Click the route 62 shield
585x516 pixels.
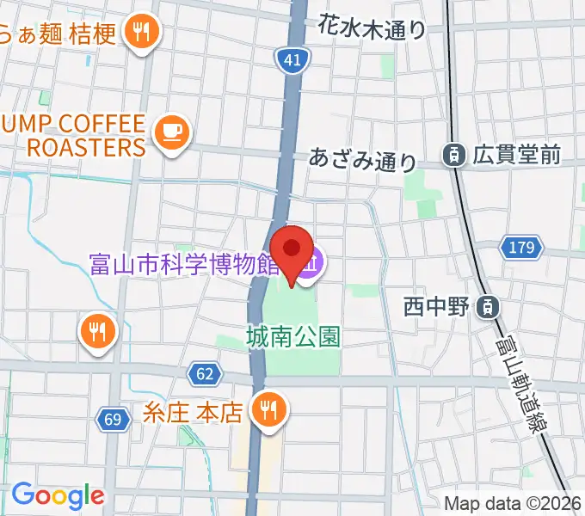203,374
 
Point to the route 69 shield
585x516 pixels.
112,419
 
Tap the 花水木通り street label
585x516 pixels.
372,28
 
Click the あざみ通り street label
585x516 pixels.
363,159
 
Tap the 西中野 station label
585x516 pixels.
438,305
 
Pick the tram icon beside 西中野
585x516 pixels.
488,305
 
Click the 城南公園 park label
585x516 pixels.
293,335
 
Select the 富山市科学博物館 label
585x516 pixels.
186,263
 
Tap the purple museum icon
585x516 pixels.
313,259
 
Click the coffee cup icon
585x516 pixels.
171,131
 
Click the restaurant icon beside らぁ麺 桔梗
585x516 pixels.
139,33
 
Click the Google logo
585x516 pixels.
58,496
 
